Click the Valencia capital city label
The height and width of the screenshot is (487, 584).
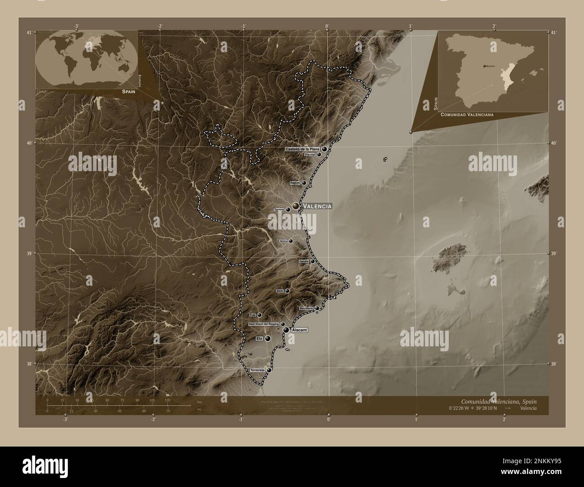tap(317, 206)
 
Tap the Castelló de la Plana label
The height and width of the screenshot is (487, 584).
tap(302, 149)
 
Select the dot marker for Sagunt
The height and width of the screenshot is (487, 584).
tap(304, 183)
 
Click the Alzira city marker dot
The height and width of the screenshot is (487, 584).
tap(291, 241)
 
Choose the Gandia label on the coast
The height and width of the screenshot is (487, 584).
tap(304, 261)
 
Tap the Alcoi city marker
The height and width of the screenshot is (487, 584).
tap(287, 291)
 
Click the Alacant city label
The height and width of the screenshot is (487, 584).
tap(300, 330)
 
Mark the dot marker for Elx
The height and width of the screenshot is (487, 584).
tap(268, 338)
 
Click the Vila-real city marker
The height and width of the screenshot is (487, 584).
tap(319, 155)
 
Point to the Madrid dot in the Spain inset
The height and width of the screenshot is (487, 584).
tap(484, 66)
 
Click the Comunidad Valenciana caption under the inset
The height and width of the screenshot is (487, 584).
tap(467, 115)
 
